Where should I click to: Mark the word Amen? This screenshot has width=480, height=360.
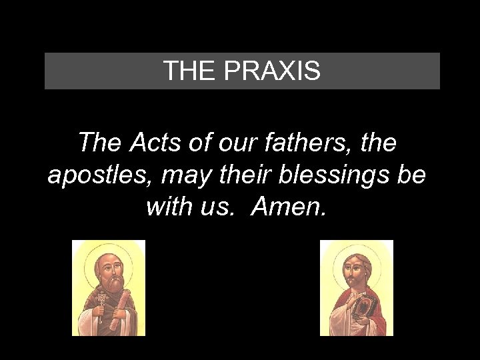pos(289,207)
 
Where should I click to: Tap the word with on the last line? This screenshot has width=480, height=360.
pos(169,207)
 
